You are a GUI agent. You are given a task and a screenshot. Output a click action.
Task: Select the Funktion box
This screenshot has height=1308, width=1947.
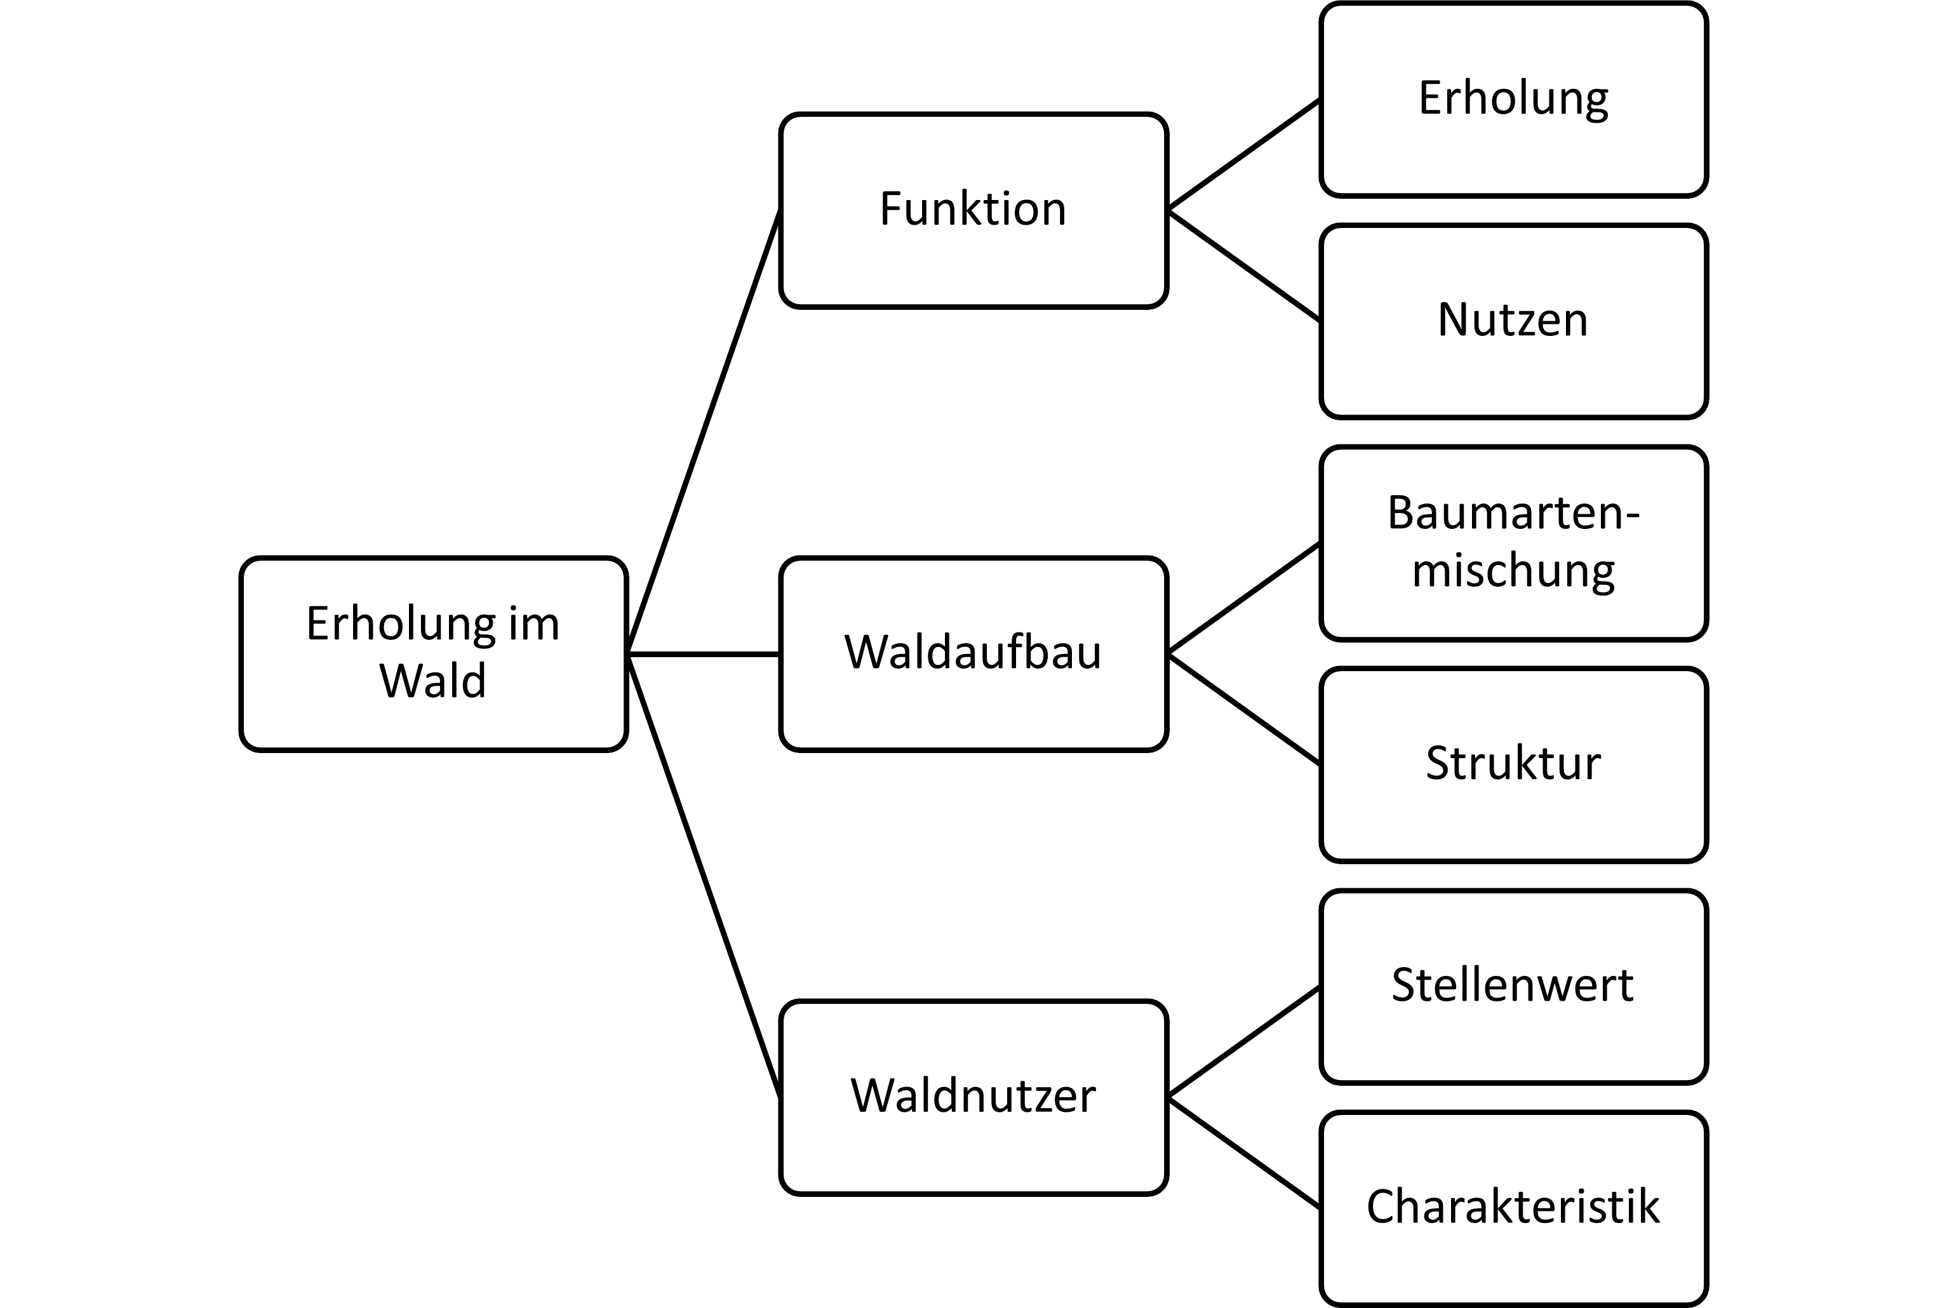coord(973,210)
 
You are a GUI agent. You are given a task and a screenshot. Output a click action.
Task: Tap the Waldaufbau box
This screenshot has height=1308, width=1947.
coord(973,654)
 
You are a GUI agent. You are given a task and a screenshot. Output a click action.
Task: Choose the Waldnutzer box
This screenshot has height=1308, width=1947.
coord(973,1098)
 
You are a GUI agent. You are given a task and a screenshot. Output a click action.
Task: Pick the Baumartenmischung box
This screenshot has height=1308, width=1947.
coord(1513,543)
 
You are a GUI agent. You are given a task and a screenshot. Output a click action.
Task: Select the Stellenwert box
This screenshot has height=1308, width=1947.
coord(1513,987)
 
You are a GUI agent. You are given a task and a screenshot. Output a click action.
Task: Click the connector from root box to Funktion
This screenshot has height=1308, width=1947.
coord(703,432)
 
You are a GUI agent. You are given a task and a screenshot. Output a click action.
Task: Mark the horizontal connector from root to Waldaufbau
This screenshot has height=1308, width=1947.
coord(703,655)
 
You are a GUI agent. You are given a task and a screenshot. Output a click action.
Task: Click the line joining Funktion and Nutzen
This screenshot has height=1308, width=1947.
coord(1244,266)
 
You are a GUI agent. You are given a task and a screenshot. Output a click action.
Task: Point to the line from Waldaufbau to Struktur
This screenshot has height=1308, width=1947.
coord(1244,710)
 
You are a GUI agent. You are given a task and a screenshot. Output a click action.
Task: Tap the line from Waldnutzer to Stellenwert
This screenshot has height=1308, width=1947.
coord(1244,1042)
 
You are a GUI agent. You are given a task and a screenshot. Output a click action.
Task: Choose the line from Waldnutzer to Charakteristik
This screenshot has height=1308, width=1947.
coord(1244,1154)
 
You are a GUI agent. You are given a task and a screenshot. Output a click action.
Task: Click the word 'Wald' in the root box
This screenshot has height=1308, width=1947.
coord(433,681)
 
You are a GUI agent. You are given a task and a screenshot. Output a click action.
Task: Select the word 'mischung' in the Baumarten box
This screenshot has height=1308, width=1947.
coord(1513,572)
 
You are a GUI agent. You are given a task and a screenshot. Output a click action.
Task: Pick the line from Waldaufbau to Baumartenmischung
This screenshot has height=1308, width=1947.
coord(1244,598)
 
